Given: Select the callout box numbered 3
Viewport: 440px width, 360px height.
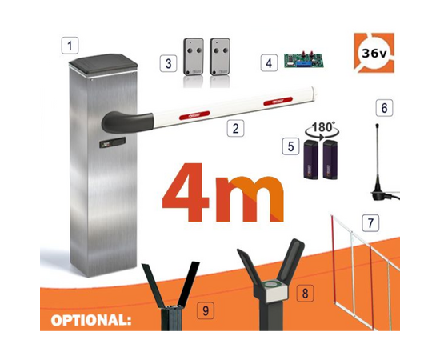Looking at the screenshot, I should click(168, 62).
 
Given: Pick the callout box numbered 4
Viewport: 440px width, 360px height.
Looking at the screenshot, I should click(270, 62).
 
